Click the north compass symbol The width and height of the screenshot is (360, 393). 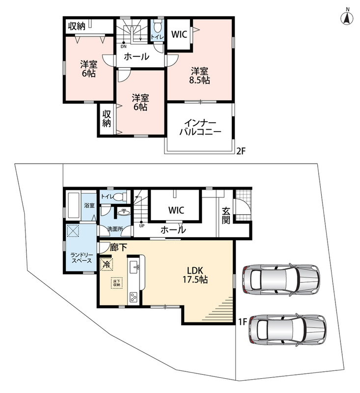[347, 17]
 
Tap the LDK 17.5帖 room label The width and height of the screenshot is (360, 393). [195, 275]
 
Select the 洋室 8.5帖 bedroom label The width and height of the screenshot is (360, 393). [199, 76]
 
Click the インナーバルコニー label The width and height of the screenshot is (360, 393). [200, 128]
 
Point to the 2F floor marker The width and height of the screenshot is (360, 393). [241, 151]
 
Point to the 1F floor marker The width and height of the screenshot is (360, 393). [243, 322]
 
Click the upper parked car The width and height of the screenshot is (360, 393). [281, 279]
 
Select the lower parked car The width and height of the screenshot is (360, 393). [287, 329]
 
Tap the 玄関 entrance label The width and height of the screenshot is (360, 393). [226, 216]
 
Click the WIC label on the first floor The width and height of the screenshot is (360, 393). [176, 210]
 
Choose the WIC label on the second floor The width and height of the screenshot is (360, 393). [179, 34]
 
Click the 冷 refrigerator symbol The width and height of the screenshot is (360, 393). [107, 264]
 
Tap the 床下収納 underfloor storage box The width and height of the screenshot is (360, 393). [117, 283]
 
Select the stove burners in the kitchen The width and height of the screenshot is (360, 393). [133, 298]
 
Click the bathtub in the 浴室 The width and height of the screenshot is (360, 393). [74, 205]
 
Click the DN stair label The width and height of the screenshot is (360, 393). [123, 46]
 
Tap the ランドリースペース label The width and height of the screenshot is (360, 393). [82, 258]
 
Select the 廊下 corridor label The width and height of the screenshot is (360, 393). [118, 248]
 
